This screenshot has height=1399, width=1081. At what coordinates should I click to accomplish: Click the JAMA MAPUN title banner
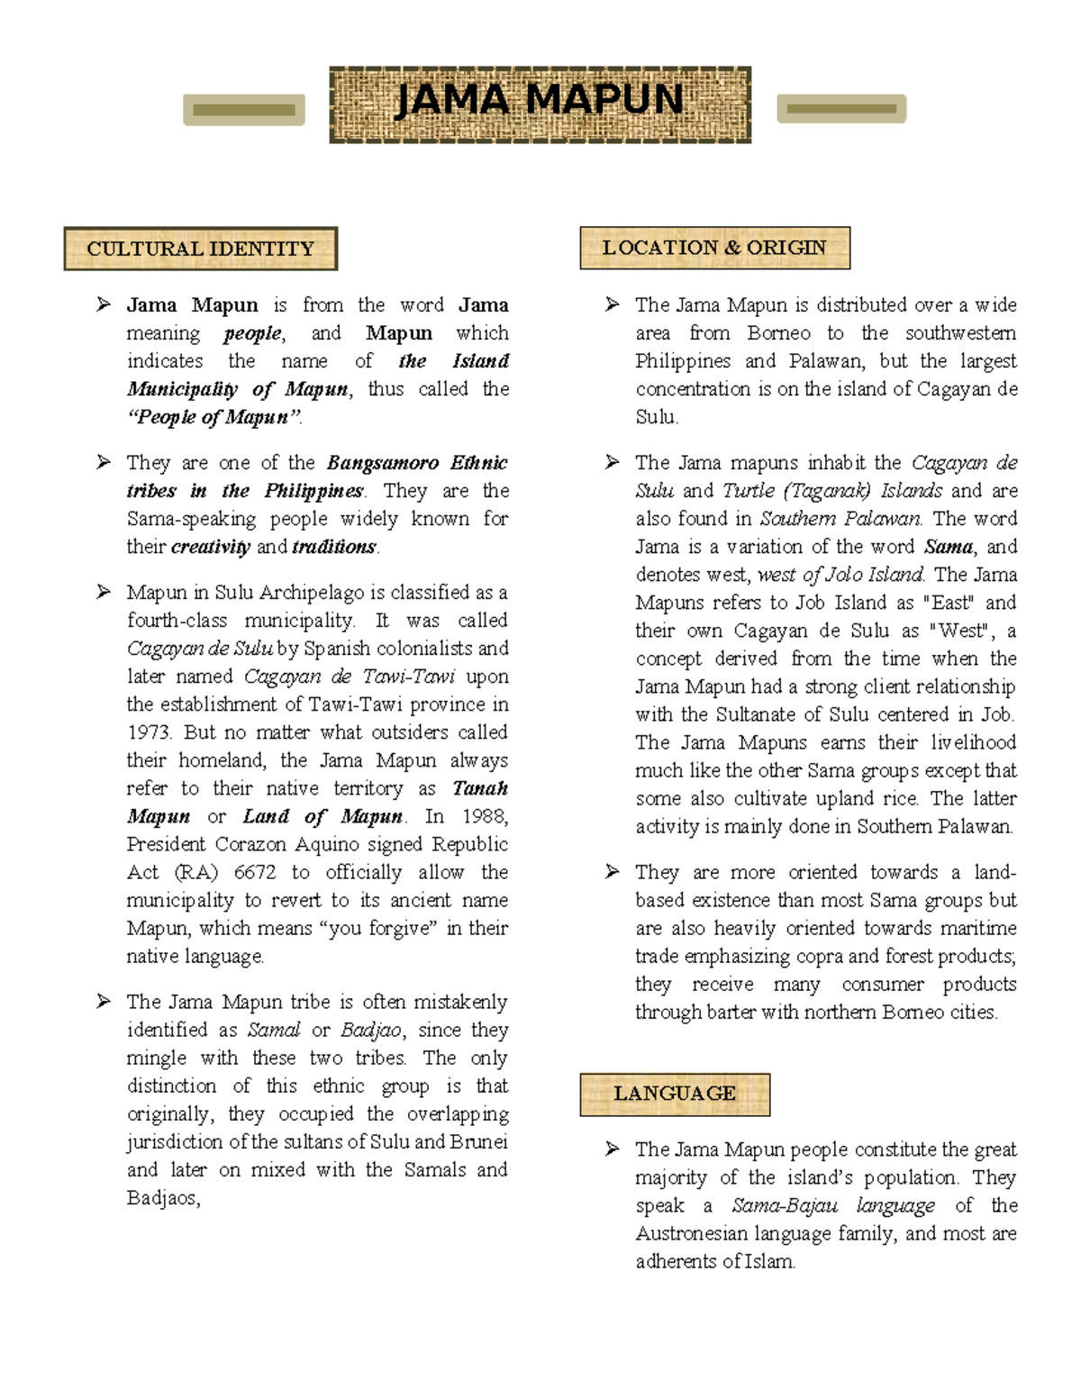click(540, 104)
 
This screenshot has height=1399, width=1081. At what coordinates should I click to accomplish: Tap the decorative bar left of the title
click(244, 110)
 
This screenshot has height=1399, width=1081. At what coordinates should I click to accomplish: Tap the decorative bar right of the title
click(840, 109)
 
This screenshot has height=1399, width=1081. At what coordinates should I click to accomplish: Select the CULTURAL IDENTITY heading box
click(200, 249)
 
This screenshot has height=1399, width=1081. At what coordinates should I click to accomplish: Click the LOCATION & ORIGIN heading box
click(714, 248)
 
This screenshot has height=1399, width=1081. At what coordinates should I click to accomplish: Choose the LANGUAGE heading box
click(674, 1094)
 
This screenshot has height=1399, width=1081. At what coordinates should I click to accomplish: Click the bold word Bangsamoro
click(382, 463)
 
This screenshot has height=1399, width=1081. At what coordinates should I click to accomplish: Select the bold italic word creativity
click(211, 547)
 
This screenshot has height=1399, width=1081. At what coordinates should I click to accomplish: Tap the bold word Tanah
click(480, 788)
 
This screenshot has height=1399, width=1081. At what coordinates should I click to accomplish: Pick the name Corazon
click(251, 844)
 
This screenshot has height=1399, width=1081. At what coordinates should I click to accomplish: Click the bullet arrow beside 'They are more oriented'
click(613, 871)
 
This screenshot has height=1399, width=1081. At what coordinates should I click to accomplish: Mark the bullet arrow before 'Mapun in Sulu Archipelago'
click(104, 592)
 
